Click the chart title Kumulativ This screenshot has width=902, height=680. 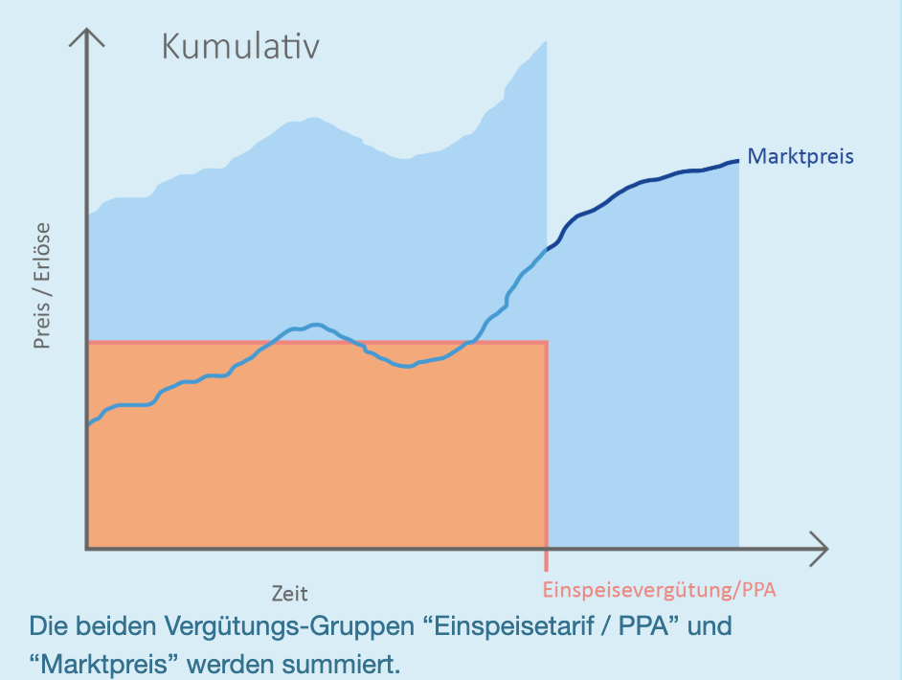(239, 46)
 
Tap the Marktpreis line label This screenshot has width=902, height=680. (800, 155)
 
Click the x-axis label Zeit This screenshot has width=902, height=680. (289, 593)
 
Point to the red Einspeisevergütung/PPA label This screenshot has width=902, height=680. (659, 590)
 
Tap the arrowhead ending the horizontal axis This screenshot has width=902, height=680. (819, 548)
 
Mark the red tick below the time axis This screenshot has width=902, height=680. (547, 561)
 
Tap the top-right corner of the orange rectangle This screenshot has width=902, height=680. (547, 342)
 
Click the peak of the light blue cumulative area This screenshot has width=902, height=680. (545, 43)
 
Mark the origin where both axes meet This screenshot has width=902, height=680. (87, 548)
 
